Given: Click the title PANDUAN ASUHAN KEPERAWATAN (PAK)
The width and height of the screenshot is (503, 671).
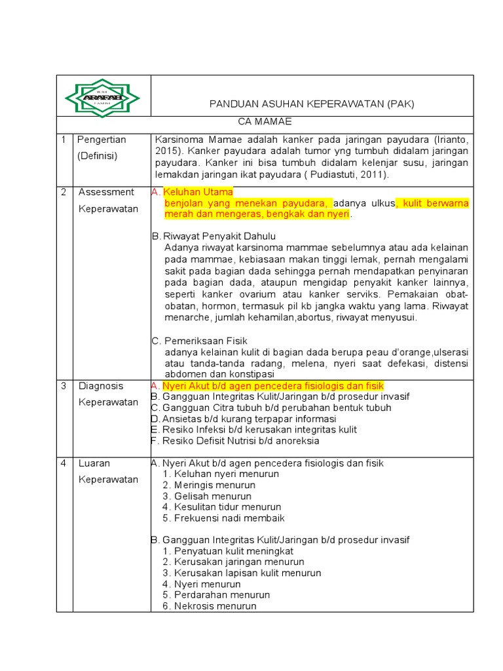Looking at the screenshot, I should coord(311,104).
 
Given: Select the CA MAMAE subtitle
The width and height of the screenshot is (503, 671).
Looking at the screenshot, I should coord(264,122).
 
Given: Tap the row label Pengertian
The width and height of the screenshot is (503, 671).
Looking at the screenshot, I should coord(102,140).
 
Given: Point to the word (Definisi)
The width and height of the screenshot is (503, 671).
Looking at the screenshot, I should coord(97,156).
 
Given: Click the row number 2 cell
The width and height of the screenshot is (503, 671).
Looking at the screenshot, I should coord(64,192).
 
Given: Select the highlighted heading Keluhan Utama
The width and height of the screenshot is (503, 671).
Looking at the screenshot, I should coord(198,192).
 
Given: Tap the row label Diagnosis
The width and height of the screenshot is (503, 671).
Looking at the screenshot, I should coord(101,386).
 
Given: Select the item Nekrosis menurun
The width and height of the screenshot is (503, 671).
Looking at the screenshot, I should coord(215,606).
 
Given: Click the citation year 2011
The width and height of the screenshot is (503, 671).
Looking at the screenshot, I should coord(373,175).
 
